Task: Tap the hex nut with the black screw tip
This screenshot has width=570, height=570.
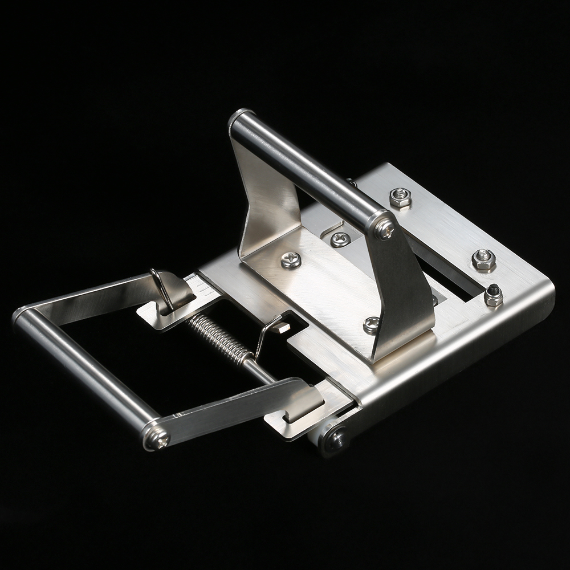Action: [493, 295]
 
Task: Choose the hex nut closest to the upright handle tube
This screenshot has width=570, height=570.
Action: [400, 197]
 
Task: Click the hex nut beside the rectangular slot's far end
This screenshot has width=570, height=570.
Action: [483, 260]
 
